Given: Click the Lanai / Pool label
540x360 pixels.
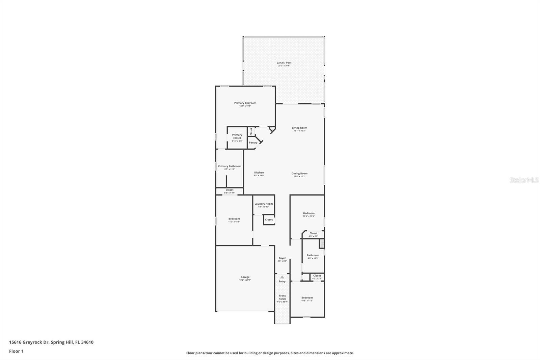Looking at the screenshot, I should pos(284,63).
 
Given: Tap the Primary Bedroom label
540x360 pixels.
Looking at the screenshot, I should pos(245,103).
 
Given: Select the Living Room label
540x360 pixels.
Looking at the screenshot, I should pos(299,128).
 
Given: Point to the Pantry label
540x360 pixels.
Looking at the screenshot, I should pos(253,143).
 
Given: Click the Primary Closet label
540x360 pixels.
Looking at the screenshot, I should pos(237,136).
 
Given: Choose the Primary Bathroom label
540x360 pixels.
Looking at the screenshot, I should pos(230,166).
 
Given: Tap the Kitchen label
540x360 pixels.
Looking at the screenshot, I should pos(259,173).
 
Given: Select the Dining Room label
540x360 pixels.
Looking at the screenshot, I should pos(299,174).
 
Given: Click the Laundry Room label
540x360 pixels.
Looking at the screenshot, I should pos(264,204).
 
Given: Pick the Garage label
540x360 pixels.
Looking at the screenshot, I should pos(245,277).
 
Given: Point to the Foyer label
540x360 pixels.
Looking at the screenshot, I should pos(282,258).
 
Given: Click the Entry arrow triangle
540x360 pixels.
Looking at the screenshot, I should pos(282,277).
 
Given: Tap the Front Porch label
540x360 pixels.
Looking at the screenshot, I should pos(282,297).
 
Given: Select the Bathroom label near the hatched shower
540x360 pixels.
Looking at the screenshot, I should pos(313,255).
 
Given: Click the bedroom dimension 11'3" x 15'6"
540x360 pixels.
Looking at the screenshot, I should pos(234,222).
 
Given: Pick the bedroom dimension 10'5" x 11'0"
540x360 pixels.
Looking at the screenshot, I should pos(307,301).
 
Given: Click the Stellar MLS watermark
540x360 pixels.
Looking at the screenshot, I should pos(524,180).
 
